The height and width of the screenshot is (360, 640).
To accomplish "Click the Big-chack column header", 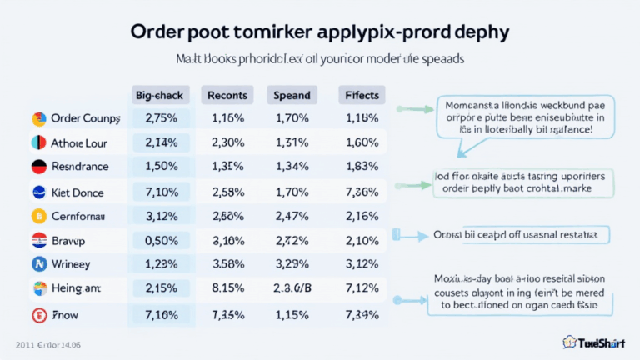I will tap(160, 95).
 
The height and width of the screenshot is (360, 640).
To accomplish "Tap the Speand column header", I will tap(291, 95).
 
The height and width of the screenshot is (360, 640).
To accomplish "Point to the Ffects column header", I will tap(361, 95).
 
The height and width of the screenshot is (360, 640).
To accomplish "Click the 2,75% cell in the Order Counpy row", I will tap(162, 118).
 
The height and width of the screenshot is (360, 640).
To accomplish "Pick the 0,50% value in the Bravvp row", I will tap(162, 241).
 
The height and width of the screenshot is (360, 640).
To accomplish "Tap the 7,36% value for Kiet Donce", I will tap(361, 192).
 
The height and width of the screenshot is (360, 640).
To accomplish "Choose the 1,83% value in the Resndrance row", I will tap(361, 167).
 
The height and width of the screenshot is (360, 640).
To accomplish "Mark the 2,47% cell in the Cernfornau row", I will tap(292, 217).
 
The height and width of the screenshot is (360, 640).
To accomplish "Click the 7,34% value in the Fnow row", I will tap(361, 314).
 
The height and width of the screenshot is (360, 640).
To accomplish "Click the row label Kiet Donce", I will tap(77, 192).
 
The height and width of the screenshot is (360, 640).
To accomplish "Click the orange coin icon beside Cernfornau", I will tap(37, 217).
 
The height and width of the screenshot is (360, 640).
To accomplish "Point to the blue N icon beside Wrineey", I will tap(37, 264).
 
